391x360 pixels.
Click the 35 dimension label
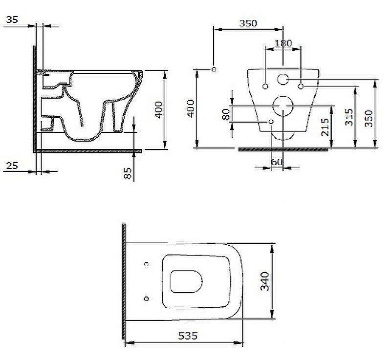12,20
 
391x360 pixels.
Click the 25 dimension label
12,166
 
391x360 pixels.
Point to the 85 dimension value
128,173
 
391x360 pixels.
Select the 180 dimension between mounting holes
283,43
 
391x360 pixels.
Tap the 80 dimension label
226,114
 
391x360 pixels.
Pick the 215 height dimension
325,127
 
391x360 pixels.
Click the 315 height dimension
349,117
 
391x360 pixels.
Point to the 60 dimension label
277,162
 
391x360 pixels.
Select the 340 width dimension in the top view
265,281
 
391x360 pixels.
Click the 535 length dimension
188,336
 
